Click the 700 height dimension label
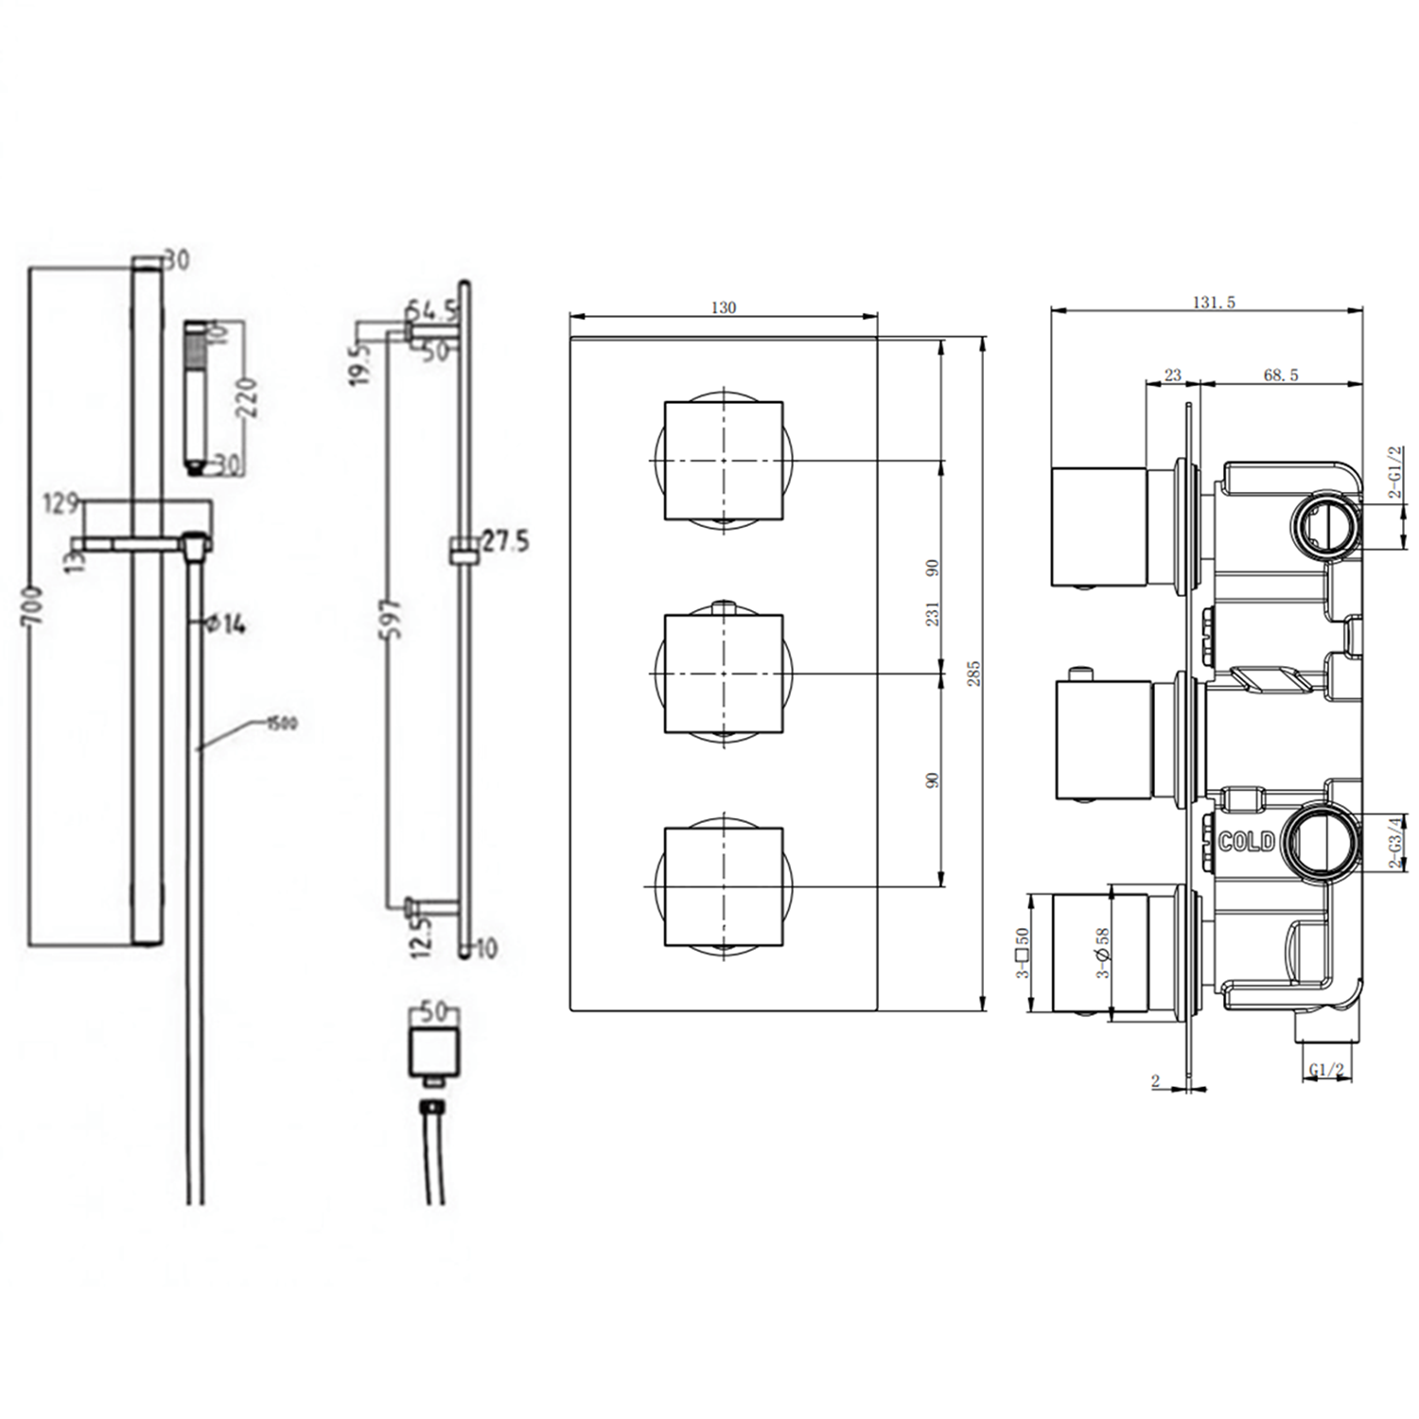pos(32,605)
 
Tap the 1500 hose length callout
pos(280,724)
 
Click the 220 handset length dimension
pos(248,397)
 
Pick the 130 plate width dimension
pos(723,307)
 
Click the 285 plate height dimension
pos(974,673)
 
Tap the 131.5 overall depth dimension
pos(1214,303)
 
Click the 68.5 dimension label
pos(1280,376)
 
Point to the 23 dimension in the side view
pos(1172,376)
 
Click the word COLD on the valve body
pos(1246,841)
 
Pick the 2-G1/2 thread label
pos(1393,473)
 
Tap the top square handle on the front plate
pos(724,461)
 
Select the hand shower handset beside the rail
pos(194,397)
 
